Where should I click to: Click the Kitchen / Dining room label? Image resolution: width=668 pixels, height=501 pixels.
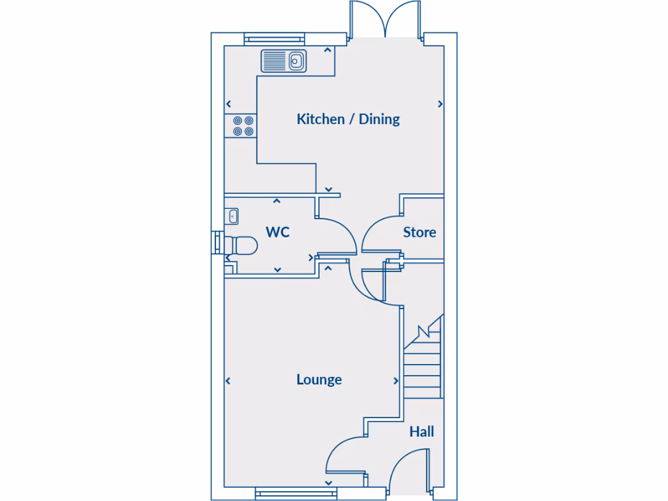tap(348, 119)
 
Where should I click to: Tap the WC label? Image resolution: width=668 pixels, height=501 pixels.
tap(277, 232)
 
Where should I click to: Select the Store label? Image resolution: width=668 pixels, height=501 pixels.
tap(419, 232)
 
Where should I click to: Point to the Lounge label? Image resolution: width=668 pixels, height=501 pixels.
tap(319, 380)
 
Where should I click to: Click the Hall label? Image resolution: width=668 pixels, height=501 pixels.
tap(421, 431)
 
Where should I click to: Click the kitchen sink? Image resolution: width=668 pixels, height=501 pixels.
tap(284, 61)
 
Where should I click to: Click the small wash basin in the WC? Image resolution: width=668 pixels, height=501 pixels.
tap(232, 215)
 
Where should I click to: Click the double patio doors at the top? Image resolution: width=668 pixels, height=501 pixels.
tap(387, 20)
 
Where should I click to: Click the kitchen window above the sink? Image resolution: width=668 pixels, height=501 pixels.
tap(275, 39)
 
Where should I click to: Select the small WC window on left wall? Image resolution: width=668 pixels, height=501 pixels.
tap(216, 241)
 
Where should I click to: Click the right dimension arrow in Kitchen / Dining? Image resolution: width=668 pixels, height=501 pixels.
tap(440, 104)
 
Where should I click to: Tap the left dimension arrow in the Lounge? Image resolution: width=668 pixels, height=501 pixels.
tap(228, 382)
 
